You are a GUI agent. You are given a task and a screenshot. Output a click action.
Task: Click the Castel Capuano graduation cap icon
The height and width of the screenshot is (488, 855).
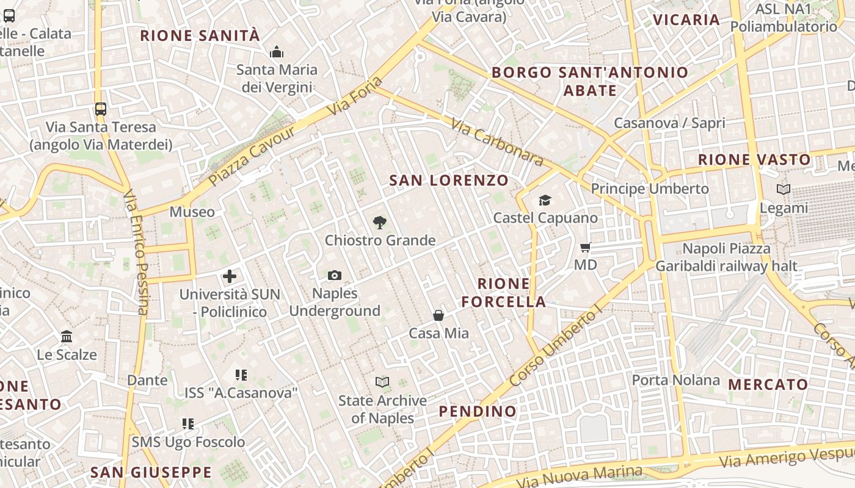tap(545, 200)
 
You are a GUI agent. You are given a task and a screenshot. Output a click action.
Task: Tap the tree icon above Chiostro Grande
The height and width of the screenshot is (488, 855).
tap(379, 223)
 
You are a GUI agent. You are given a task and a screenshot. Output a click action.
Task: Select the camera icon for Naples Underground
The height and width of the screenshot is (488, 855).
tap(334, 276)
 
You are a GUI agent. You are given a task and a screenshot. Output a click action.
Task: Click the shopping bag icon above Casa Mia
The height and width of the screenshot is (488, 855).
tap(438, 315)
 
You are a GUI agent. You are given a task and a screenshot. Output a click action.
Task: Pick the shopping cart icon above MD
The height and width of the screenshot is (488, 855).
tap(585, 248)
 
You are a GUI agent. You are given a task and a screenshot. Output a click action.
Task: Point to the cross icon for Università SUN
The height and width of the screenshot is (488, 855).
tap(230, 276)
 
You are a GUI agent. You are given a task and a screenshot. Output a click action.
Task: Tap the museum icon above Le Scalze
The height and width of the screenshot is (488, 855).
tap(67, 337)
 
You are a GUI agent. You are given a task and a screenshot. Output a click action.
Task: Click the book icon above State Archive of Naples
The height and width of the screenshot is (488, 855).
tap(382, 382)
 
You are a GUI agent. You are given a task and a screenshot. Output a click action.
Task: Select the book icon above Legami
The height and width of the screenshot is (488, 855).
tap(784, 190)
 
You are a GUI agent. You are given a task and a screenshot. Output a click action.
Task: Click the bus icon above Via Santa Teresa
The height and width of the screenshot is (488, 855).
tap(101, 110)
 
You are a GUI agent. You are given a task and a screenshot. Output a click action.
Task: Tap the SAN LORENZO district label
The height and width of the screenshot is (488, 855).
tap(449, 181)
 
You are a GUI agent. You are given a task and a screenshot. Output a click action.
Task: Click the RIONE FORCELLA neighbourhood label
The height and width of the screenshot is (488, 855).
tap(504, 293)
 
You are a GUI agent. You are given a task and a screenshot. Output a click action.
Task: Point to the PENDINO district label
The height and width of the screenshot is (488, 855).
tap(478, 412)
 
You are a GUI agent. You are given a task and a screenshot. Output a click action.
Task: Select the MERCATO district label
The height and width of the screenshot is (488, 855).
tap(768, 385)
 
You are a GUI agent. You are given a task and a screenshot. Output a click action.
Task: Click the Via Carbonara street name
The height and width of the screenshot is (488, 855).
tap(497, 143)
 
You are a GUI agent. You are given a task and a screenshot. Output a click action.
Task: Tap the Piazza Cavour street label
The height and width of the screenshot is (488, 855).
tap(244, 157)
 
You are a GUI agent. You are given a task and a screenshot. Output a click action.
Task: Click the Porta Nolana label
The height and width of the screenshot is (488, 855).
tap(676, 380)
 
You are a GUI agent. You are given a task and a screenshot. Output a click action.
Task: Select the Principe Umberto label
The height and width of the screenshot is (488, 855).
tap(650, 188)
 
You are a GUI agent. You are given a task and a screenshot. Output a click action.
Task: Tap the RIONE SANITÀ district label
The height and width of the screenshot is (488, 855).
tap(200, 35)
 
